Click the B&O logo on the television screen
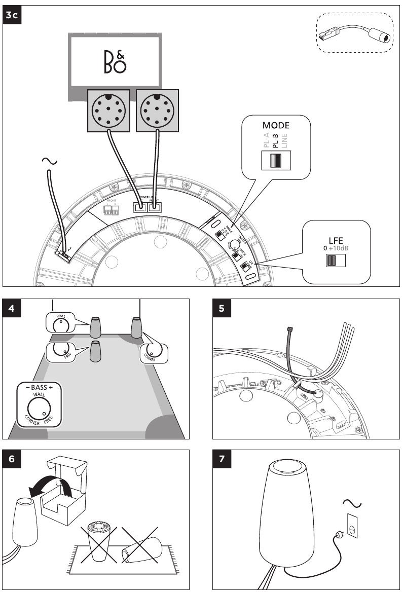[115, 60]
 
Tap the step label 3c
[12, 15]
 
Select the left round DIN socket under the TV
[108, 110]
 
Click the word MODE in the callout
[276, 125]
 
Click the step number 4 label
[11, 308]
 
